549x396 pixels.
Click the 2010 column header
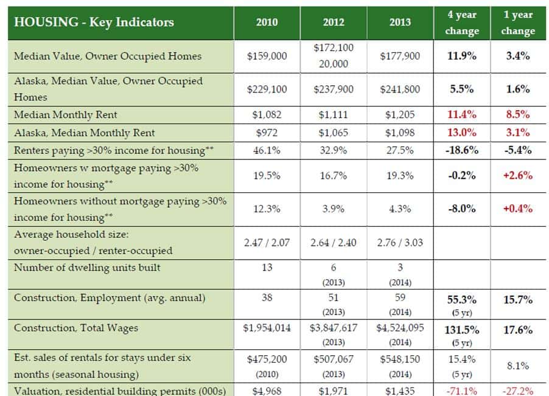[x=267, y=23]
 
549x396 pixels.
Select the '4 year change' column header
[x=462, y=23]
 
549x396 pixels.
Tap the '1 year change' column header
[x=518, y=23]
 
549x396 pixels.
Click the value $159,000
[x=267, y=56]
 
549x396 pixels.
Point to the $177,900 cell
[x=400, y=56]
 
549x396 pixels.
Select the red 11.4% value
[x=462, y=114]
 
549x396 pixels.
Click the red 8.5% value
[x=518, y=114]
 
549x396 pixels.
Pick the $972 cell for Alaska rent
[x=267, y=133]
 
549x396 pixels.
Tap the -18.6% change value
[x=462, y=150]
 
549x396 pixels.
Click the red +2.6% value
[x=518, y=175]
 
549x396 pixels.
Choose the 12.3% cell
[x=267, y=209]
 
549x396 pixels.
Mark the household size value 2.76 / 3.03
[x=400, y=242]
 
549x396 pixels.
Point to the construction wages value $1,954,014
[x=267, y=328]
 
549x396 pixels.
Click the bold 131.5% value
[x=462, y=330]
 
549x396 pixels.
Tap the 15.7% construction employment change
[x=518, y=300]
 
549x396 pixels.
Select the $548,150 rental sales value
[x=400, y=359]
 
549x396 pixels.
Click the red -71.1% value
[x=462, y=391]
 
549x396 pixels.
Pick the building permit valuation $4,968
[x=267, y=391]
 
